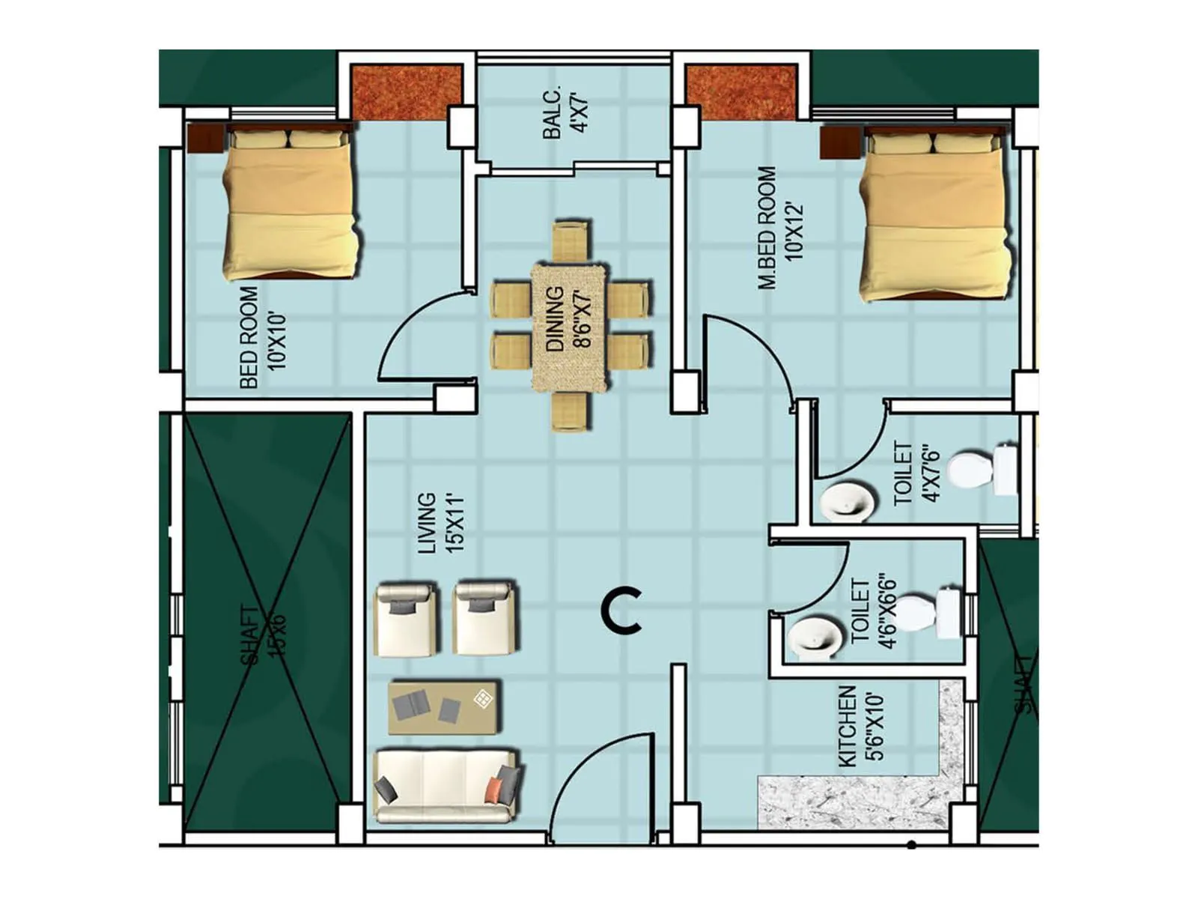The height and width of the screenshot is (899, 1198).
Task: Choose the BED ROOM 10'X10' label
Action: pos(261,337)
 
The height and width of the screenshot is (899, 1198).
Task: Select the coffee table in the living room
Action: pos(445,707)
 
